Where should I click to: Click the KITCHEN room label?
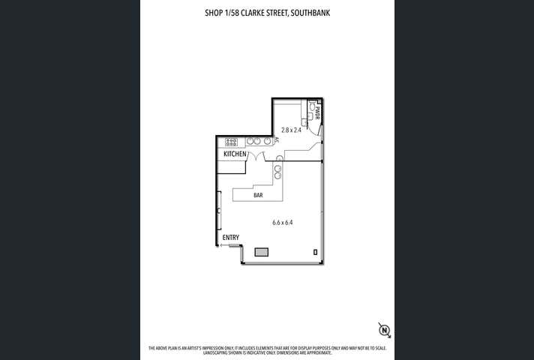(235, 154)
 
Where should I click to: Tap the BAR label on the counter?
(257, 195)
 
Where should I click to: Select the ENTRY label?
(231, 238)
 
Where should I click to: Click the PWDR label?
(317, 113)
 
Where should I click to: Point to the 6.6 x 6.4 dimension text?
(282, 222)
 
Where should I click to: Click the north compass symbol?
(384, 329)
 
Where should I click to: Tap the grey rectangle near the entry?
(262, 252)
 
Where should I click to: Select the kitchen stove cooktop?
(231, 141)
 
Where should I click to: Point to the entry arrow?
(223, 244)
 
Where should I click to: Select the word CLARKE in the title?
(248, 13)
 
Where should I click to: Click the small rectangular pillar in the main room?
(315, 252)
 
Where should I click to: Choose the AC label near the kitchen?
(277, 139)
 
